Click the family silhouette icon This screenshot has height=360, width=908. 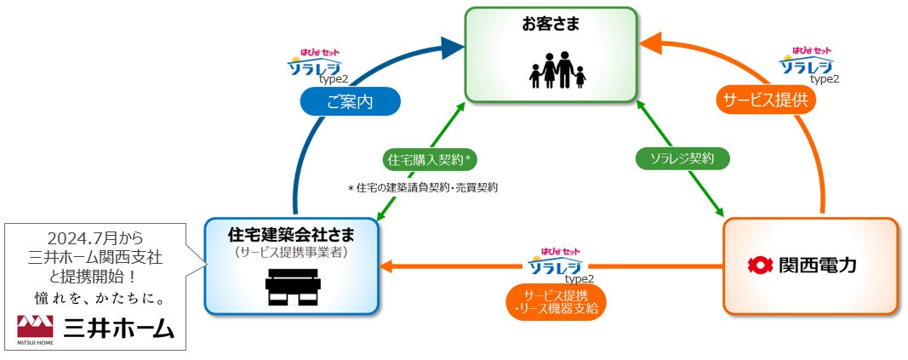point(557,71)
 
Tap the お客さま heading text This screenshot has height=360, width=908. point(551,24)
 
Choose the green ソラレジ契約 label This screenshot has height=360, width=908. point(682,157)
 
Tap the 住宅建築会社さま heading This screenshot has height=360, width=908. point(292,232)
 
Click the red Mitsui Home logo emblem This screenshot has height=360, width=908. point(37,326)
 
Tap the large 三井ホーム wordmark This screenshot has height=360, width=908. point(118,329)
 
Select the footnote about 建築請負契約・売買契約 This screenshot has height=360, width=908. point(423,187)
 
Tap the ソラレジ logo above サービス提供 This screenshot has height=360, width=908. point(806,61)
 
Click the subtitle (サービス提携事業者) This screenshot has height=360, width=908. point(292,251)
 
